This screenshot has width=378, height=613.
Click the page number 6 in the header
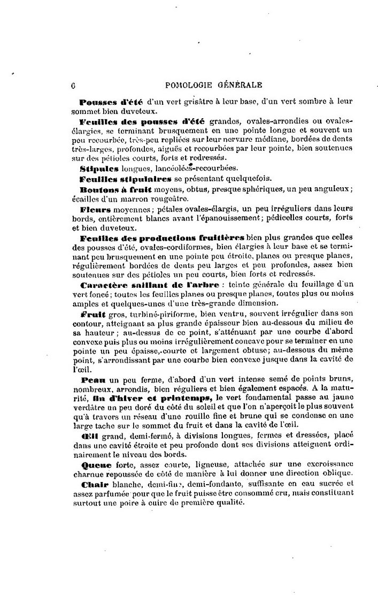[x=72, y=84]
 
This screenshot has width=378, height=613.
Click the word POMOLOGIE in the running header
[x=190, y=84]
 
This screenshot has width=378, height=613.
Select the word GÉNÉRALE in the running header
[x=238, y=84]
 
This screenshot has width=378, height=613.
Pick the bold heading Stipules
[x=97, y=168]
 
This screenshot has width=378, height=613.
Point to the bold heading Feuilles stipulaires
[x=125, y=179]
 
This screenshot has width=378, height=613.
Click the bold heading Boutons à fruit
[x=112, y=189]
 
